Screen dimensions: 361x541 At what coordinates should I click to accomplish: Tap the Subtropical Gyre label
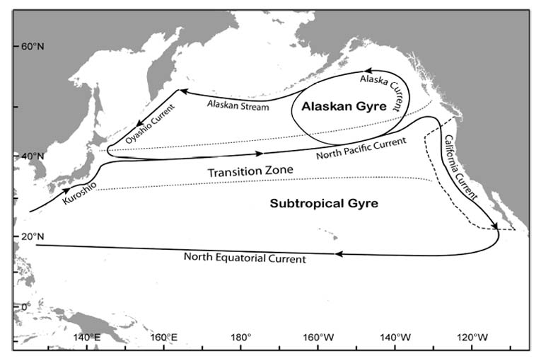324,203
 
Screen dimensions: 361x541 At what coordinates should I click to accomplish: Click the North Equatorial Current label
245,258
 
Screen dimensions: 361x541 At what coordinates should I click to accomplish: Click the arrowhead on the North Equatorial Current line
339,253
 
